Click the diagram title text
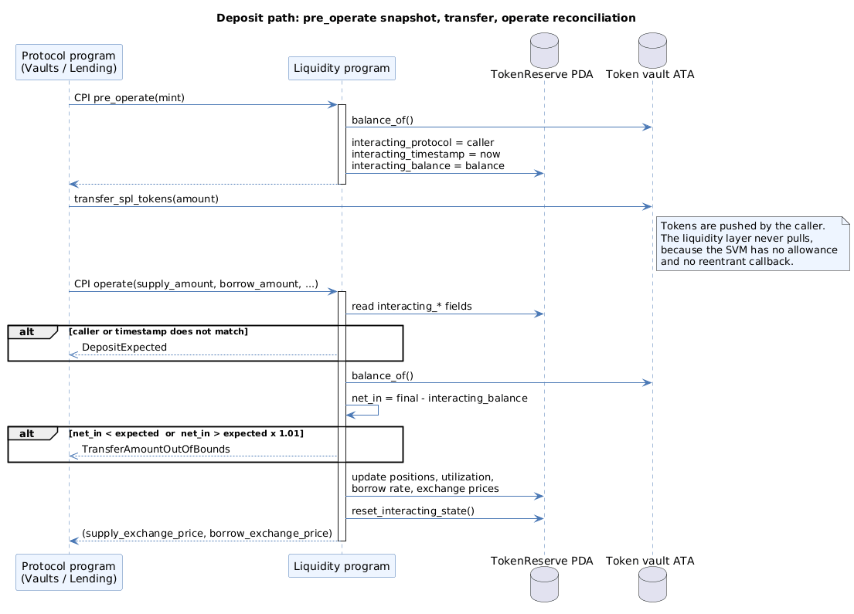pyautogui.click(x=426, y=18)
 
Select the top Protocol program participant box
pyautogui.click(x=69, y=62)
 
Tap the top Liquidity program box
pyautogui.click(x=342, y=68)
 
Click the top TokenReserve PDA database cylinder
pyautogui.click(x=544, y=51)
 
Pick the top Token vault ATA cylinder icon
pyautogui.click(x=652, y=51)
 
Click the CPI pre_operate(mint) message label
pyautogui.click(x=129, y=98)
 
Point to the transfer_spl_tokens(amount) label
pyautogui.click(x=146, y=199)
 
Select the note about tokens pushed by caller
pyautogui.click(x=753, y=243)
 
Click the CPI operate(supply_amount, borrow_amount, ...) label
pyautogui.click(x=196, y=284)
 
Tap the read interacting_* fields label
pyautogui.click(x=412, y=307)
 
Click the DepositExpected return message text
pyautogui.click(x=124, y=348)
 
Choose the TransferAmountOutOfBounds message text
pyautogui.click(x=156, y=449)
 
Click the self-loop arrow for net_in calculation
pyautogui.click(x=378, y=410)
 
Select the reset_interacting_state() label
pyautogui.click(x=413, y=511)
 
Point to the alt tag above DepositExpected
pyautogui.click(x=27, y=332)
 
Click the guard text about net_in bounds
pyautogui.click(x=186, y=434)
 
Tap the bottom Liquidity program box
pyautogui.click(x=342, y=566)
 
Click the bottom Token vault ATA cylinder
pyautogui.click(x=652, y=584)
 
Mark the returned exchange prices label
pyautogui.click(x=207, y=534)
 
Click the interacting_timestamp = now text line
pyautogui.click(x=426, y=154)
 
